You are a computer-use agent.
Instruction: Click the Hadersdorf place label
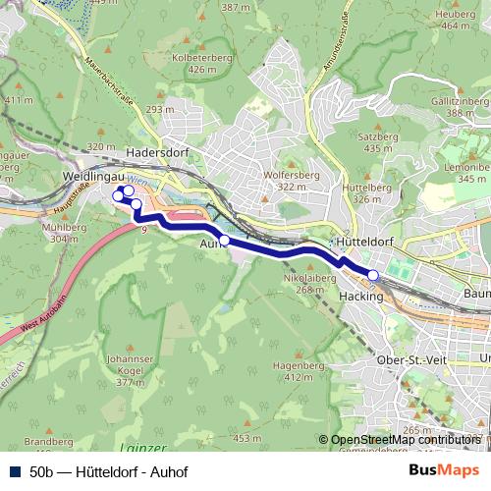pos(158,153)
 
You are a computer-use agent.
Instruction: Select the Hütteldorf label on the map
pos(364,240)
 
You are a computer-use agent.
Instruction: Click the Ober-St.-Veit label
pos(409,360)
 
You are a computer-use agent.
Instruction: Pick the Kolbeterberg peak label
pos(193,58)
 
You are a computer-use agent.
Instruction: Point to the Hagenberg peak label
pos(303,364)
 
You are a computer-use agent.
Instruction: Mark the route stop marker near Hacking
pos(373,274)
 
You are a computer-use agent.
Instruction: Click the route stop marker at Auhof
pos(224,240)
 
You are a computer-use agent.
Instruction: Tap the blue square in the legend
pos(16,470)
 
